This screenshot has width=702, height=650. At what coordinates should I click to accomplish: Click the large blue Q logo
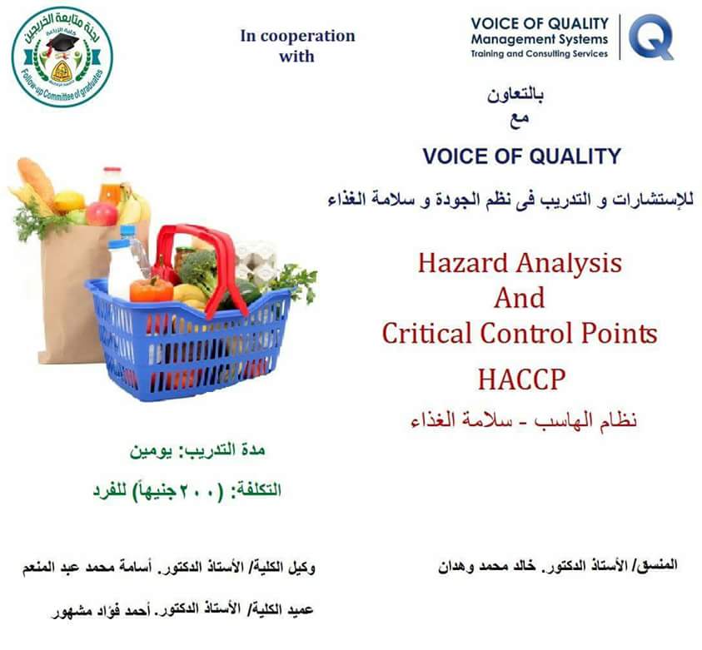[x=651, y=37]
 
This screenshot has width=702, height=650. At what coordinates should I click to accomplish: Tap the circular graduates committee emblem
[x=62, y=57]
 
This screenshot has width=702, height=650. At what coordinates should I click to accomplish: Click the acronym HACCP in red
[x=521, y=380]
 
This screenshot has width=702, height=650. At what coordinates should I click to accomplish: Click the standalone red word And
[x=520, y=298]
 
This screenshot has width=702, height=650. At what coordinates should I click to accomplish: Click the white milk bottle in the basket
[x=122, y=270]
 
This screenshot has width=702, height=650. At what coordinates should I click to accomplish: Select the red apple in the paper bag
[x=102, y=213]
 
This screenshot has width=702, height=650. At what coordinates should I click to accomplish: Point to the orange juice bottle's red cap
[x=112, y=171]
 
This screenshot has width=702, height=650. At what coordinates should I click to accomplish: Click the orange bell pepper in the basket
[x=152, y=290]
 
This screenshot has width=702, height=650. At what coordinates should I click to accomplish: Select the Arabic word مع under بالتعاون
[x=519, y=120]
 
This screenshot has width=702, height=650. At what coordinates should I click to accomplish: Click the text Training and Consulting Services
[x=539, y=54]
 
